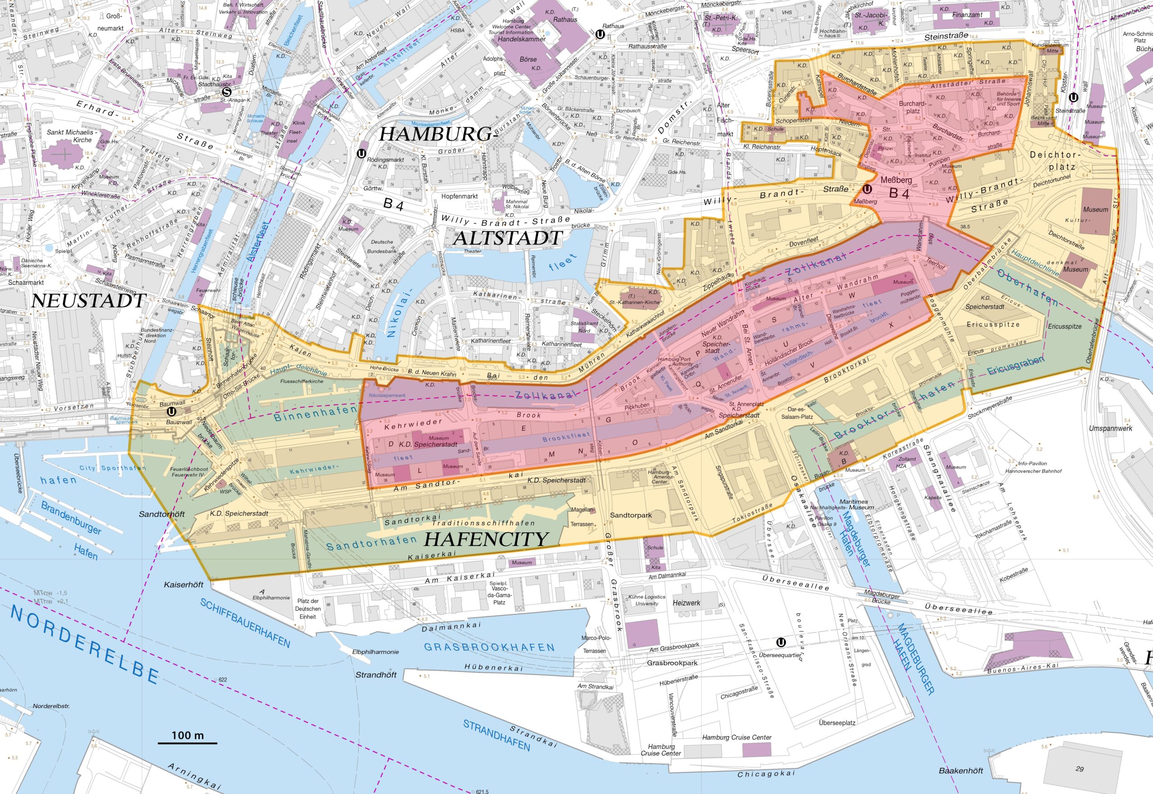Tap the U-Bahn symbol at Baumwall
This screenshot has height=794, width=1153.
tap(172, 412)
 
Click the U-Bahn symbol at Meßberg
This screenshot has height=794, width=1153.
tap(867, 189)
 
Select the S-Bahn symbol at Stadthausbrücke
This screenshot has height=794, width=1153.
tap(227, 91)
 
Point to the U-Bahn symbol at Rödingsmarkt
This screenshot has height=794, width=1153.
tap(362, 154)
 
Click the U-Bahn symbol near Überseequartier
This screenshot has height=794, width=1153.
tap(781, 642)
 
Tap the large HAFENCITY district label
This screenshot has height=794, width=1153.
tap(486, 539)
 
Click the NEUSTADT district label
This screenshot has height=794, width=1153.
tap(88, 300)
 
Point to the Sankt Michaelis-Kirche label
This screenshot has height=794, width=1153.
tap(72, 136)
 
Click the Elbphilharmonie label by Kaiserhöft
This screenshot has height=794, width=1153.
tap(271, 598)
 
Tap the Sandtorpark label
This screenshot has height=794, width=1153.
tap(630, 515)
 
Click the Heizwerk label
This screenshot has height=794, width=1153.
tap(686, 603)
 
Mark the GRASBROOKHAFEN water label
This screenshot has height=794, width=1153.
tap(489, 647)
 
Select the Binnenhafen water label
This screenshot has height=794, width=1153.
tap(315, 413)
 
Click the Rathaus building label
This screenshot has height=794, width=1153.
tap(565, 19)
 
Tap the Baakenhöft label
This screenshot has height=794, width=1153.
tap(961, 771)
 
